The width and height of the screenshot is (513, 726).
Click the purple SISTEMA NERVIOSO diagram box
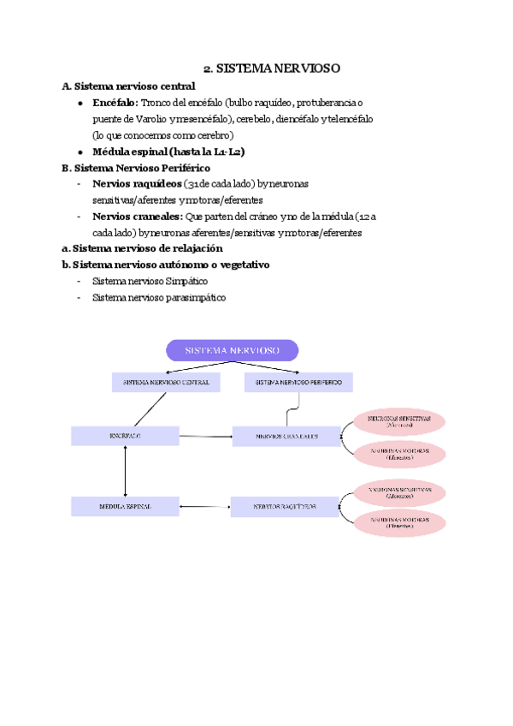pos(232,350)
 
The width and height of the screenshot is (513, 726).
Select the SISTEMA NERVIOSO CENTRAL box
pos(166,383)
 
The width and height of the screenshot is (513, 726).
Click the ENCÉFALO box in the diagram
pos(125,437)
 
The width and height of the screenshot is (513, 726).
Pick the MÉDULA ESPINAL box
pos(125,507)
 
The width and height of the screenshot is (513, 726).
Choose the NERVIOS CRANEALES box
pos(286,437)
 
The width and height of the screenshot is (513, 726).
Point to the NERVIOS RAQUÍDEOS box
pos(285,507)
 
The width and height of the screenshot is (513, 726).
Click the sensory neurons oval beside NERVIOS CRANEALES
pos(399,421)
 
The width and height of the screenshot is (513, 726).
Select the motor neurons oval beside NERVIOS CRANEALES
pos(399,454)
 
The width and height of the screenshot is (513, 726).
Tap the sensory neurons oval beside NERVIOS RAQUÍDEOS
pos(399,492)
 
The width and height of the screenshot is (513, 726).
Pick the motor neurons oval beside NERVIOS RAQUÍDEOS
pos(399,522)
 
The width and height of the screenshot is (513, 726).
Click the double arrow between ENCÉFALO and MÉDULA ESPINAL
pos(126,472)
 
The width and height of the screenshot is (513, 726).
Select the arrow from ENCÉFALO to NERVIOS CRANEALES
pos(206,437)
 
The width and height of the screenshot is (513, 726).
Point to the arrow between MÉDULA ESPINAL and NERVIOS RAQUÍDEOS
pos(205,507)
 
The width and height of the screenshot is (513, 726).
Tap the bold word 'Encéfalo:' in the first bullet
pos(114,102)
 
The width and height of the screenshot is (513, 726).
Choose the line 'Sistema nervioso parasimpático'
pos(159,297)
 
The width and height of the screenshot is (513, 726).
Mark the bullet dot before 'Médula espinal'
pos(79,152)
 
